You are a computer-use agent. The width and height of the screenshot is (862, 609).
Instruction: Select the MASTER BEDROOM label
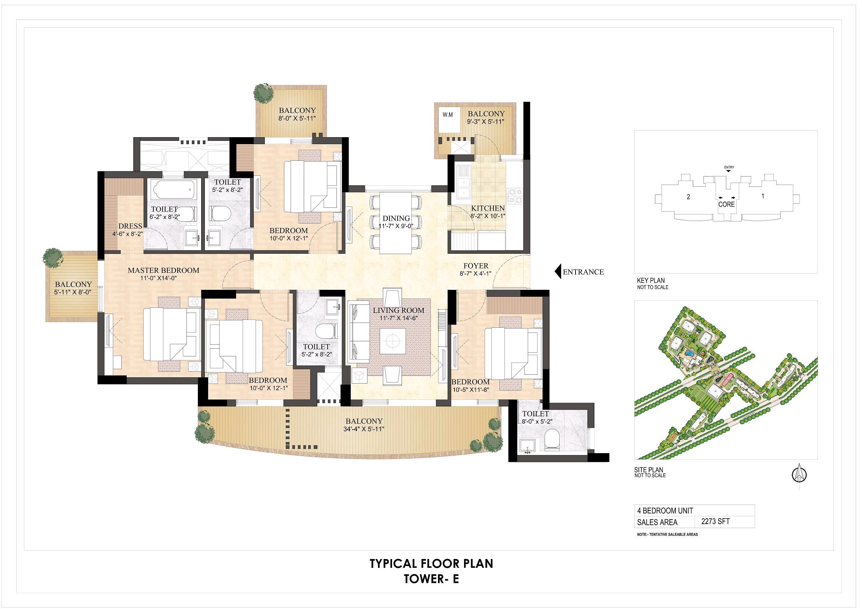tap(163, 270)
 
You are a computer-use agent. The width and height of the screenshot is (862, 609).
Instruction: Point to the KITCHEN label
tap(488, 209)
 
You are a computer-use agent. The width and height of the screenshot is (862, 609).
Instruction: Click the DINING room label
tap(396, 218)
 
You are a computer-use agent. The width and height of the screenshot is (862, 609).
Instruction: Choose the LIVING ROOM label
tap(399, 310)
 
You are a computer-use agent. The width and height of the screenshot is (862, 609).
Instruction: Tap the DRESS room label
tap(130, 226)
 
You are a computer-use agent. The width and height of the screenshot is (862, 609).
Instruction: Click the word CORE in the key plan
tap(726, 204)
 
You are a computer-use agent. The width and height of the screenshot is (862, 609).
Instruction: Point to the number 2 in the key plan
tap(688, 197)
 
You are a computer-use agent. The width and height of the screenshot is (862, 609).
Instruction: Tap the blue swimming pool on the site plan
tap(689, 353)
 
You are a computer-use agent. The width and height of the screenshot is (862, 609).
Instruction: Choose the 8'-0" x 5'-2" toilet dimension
tap(535, 422)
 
